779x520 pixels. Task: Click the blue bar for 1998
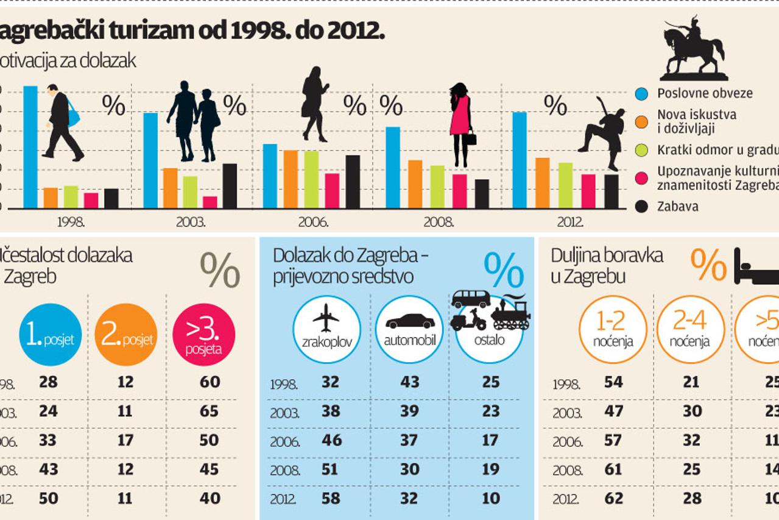tap(30, 147)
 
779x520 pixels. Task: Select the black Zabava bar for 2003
tap(230, 186)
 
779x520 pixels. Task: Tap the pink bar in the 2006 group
tap(332, 191)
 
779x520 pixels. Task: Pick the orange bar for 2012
tap(542, 183)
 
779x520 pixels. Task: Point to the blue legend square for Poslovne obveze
tap(641, 94)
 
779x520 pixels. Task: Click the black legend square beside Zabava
tap(641, 207)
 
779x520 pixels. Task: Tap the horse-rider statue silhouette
tap(694, 49)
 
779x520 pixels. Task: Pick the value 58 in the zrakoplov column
tap(331, 498)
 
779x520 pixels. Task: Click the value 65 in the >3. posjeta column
tap(210, 411)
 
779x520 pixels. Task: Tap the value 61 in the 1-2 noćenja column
tap(613, 469)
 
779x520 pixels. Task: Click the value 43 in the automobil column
tap(410, 382)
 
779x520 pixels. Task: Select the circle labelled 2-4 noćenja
tap(690, 329)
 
